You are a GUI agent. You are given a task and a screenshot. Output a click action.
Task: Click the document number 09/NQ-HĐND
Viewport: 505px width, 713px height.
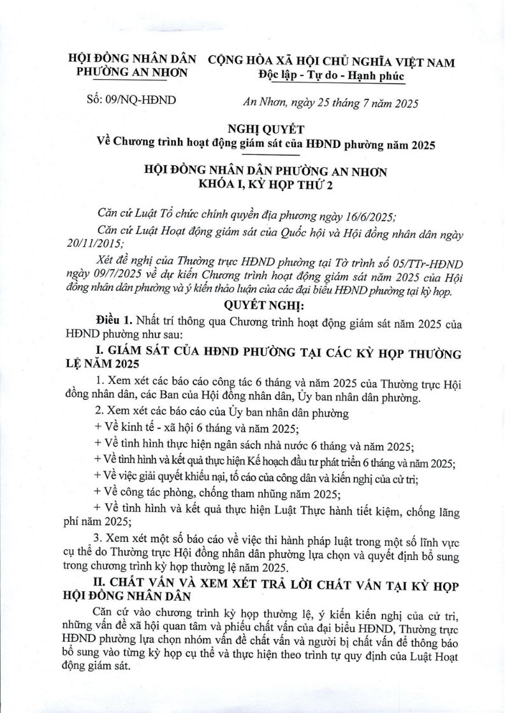click(x=140, y=100)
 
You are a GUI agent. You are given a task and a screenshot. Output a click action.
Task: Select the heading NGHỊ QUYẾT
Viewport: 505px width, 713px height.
click(x=253, y=128)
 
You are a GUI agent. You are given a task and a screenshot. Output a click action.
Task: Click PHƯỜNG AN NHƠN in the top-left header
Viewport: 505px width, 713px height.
click(x=132, y=73)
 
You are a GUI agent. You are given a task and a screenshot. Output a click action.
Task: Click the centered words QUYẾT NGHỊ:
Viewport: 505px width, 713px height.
click(x=253, y=307)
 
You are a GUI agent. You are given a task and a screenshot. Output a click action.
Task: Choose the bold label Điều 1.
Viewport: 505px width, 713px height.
click(x=113, y=320)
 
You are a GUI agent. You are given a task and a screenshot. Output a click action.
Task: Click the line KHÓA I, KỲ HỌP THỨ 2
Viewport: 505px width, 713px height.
click(x=253, y=185)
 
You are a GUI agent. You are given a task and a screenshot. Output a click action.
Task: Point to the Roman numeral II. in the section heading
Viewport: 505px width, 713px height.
click(x=101, y=586)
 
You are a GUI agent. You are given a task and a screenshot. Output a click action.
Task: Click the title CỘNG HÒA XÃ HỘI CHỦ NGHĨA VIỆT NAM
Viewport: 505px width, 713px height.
click(x=332, y=62)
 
